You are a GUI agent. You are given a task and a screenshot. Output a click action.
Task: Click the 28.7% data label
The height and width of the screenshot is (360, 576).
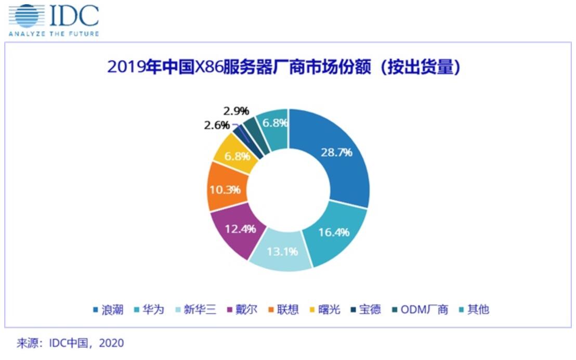[x=336, y=152]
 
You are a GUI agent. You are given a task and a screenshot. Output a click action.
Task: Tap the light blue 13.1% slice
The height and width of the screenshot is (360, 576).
[x=281, y=252]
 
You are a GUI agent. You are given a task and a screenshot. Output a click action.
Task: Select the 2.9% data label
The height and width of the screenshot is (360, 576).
[x=236, y=111]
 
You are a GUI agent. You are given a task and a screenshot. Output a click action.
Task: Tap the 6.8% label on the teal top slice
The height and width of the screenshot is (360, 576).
[x=273, y=123]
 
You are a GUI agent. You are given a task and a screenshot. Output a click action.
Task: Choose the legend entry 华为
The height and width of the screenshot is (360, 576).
[x=153, y=310]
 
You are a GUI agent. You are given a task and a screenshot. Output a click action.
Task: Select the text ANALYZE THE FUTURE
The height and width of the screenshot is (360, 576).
[x=54, y=34]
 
